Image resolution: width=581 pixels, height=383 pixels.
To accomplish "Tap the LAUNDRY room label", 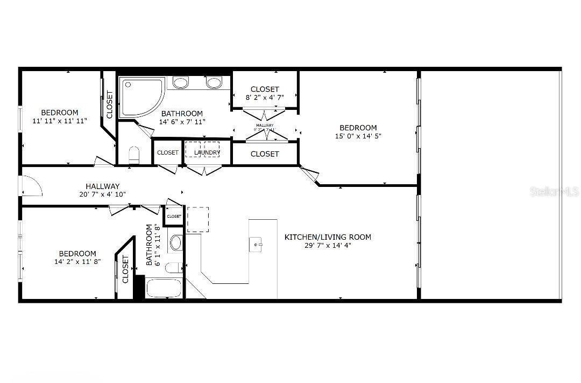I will [207, 153].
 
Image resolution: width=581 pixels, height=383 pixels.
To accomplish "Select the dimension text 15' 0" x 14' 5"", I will [358, 136].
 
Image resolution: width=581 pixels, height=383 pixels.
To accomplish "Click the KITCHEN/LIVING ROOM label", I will [328, 237].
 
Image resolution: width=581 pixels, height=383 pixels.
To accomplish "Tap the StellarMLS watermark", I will [554, 192].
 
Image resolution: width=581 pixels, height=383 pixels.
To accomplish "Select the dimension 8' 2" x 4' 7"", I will [265, 98].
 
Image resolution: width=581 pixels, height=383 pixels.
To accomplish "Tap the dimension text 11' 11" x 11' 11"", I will [60, 121].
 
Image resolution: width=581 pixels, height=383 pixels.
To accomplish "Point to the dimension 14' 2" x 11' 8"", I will [77, 262].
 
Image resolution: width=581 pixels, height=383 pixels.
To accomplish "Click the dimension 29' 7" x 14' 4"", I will [328, 246].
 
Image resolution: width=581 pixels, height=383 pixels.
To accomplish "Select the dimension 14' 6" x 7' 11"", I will [182, 122].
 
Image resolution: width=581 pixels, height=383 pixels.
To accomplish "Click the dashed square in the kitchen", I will [197, 219].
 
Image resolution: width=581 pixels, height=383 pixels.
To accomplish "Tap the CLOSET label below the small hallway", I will [265, 154].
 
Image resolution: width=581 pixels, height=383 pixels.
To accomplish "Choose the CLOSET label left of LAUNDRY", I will [168, 153].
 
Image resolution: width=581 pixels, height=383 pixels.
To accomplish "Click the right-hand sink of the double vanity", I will [214, 83].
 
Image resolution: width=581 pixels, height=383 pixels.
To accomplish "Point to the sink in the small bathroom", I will [176, 242].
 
